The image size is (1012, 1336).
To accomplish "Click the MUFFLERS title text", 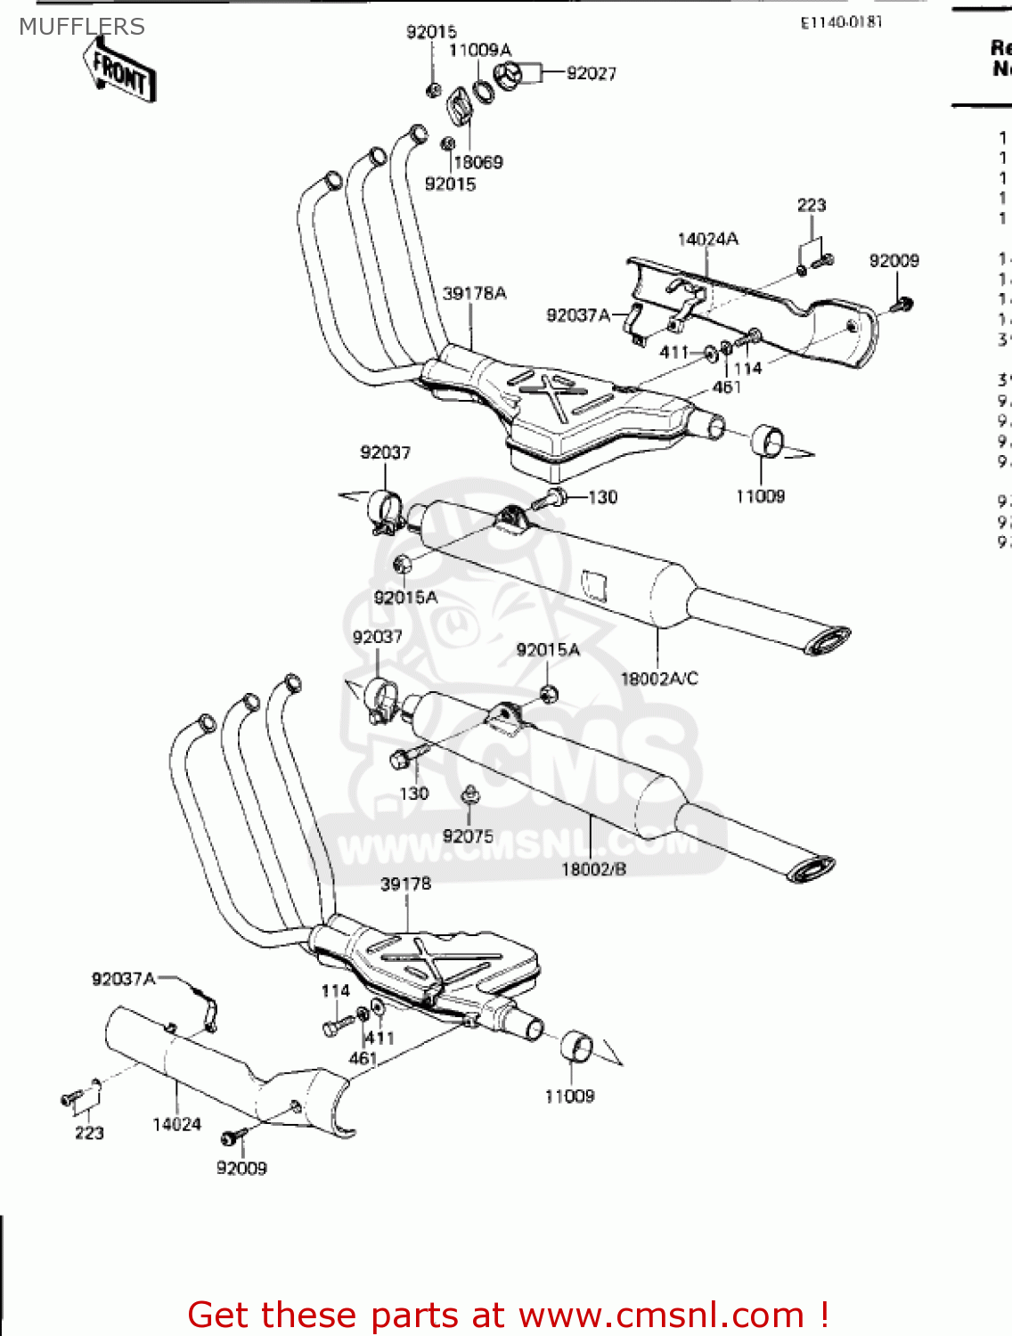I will click(x=81, y=27).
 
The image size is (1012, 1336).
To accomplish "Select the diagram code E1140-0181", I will click(x=840, y=22).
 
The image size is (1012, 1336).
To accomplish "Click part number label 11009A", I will click(x=479, y=50).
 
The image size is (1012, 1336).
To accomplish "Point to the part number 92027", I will click(x=591, y=74).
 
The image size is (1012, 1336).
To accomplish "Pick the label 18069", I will click(x=477, y=162).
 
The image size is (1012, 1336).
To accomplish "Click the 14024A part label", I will click(x=707, y=239).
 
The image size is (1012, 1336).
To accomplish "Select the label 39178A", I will click(x=474, y=293).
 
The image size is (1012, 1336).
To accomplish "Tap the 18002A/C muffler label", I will click(x=658, y=679).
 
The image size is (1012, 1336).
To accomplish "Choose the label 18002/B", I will click(x=593, y=868).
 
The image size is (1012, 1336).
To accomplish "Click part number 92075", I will click(x=468, y=835).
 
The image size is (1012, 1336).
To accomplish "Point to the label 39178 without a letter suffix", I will click(x=405, y=884).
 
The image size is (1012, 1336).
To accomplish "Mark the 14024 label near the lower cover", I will click(x=176, y=1124).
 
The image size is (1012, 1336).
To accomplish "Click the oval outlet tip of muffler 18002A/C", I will click(x=828, y=639).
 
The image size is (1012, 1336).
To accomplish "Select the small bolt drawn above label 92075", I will click(x=469, y=794).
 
